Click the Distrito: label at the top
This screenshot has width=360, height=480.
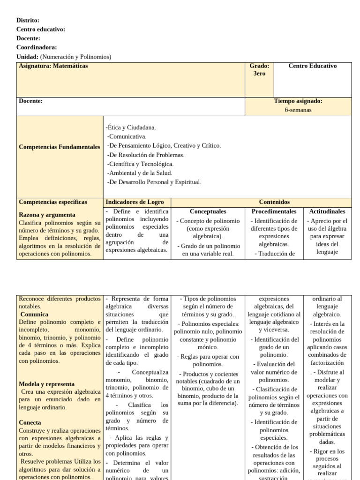28,20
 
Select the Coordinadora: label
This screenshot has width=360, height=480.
37,47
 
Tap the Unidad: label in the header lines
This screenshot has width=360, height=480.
27,57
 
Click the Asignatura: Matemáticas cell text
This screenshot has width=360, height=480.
53,66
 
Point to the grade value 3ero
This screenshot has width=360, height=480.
259,74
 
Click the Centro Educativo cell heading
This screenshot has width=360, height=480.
312,66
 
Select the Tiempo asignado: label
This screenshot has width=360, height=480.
298,101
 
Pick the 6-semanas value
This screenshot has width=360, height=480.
298,110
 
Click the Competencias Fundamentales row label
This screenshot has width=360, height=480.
60,147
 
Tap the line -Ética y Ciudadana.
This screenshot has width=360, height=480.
131,127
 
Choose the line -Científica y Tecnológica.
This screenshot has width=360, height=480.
140,164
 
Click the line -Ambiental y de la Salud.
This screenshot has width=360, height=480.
139,173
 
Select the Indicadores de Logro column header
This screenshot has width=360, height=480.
135,202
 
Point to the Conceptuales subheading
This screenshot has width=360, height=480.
208,212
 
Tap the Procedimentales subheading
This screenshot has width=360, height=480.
274,212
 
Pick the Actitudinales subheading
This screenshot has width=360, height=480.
327,212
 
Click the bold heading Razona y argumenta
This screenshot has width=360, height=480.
47,215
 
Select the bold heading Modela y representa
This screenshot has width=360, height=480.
47,384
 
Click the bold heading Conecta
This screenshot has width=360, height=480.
30,422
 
